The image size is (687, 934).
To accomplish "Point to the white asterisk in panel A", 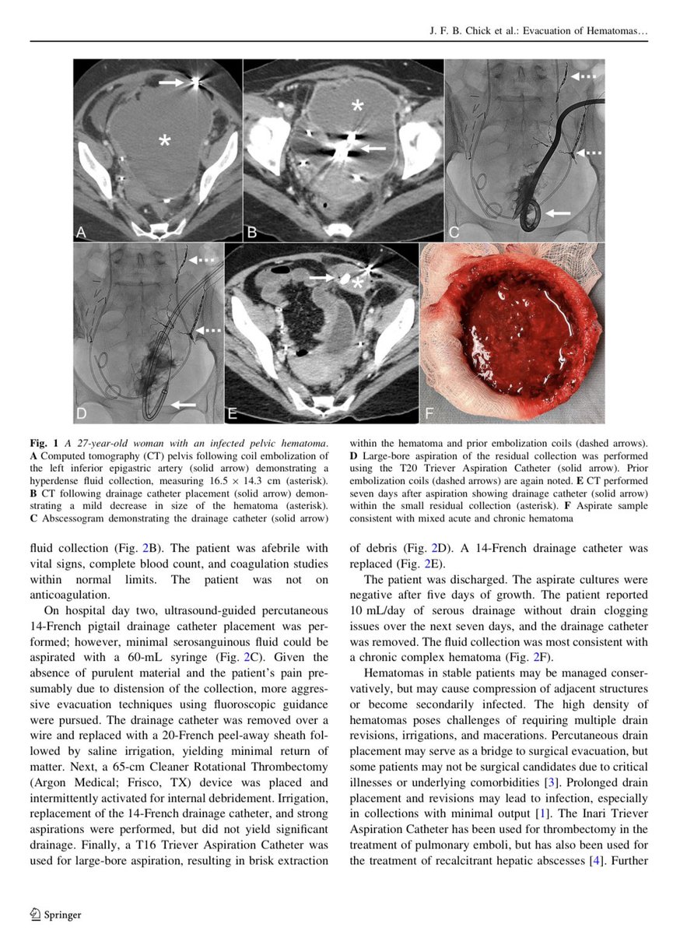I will click(164, 141).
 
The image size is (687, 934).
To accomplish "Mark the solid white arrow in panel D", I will click(185, 404).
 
